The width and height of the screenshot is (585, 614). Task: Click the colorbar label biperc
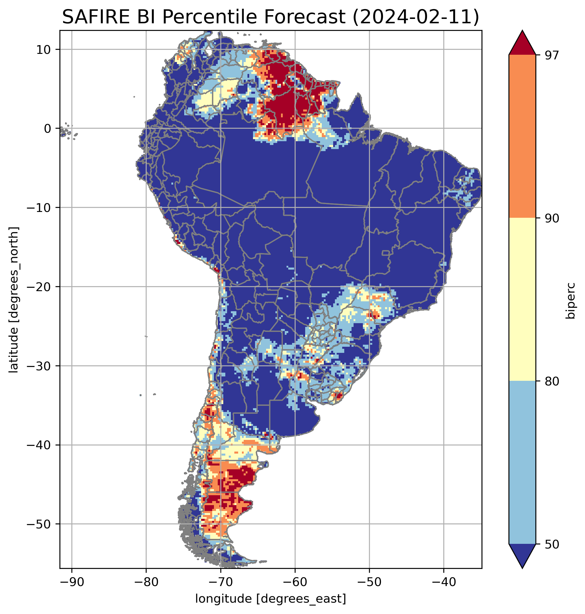tap(571, 301)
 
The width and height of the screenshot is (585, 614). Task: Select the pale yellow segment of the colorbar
tap(522, 300)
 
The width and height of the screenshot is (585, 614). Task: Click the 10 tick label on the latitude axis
tap(44, 49)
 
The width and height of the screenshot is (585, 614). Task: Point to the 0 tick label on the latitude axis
tap(48, 129)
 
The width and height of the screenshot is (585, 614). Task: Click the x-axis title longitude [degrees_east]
tap(271, 599)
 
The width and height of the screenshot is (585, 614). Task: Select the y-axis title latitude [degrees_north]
tap(14, 300)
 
